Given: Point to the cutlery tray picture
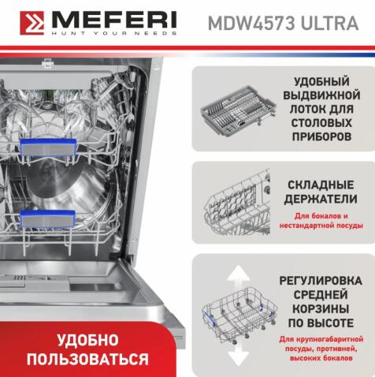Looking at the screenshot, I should click(x=232, y=110).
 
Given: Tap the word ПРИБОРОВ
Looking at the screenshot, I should click(x=321, y=136).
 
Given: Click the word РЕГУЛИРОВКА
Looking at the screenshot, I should click(x=321, y=281).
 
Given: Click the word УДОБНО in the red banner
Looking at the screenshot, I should click(x=87, y=341).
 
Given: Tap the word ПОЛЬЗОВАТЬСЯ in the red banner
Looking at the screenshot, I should click(x=87, y=360).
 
